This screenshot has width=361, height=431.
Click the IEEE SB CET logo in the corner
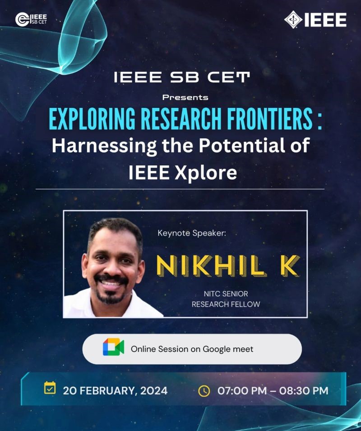click(x=31, y=19)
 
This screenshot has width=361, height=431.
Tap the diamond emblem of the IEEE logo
click(x=293, y=19)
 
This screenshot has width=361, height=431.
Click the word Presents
click(x=185, y=97)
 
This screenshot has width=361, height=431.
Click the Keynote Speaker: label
click(x=192, y=233)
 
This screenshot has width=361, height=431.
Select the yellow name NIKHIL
click(x=212, y=266)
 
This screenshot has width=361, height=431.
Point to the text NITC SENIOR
click(x=226, y=294)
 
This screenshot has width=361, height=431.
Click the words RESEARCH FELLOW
click(x=226, y=305)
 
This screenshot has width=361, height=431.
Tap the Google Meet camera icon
click(x=113, y=347)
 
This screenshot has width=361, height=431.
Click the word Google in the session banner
click(x=213, y=349)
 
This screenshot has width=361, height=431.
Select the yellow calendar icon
click(x=50, y=388)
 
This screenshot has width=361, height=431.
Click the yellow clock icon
click(x=204, y=391)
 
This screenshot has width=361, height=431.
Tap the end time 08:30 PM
click(x=304, y=391)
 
